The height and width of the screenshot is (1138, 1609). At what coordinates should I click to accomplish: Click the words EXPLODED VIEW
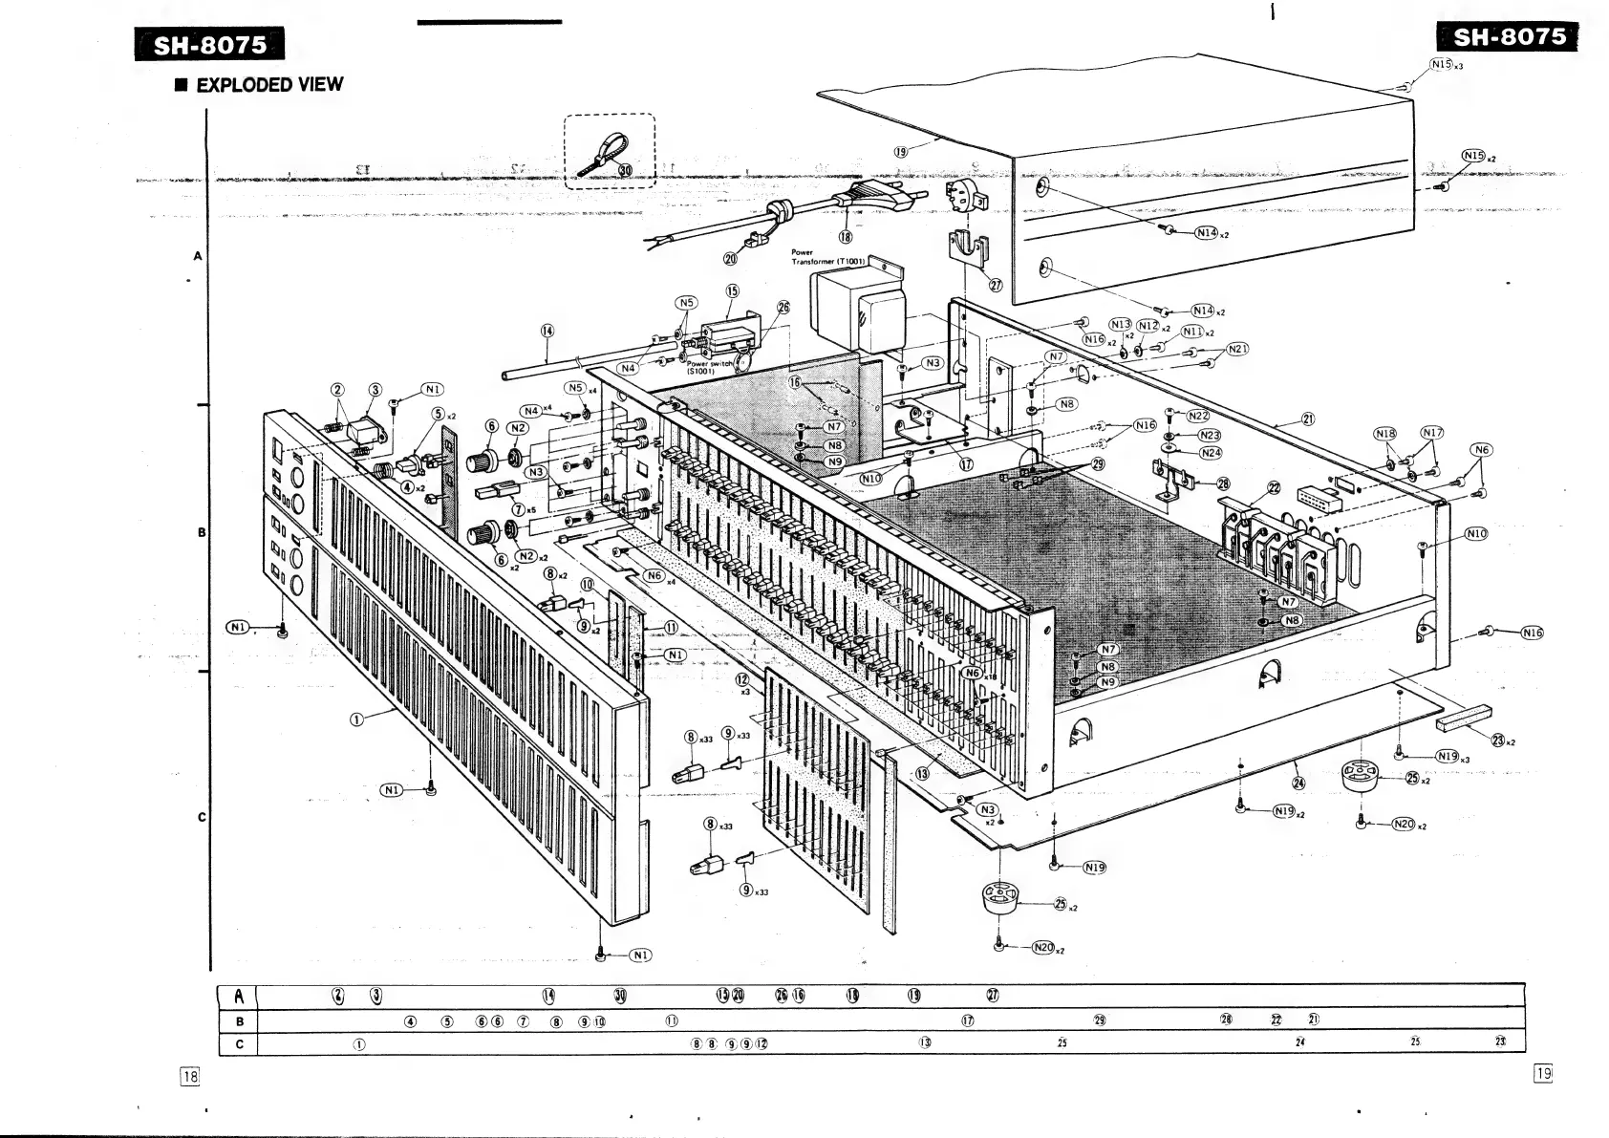tap(268, 85)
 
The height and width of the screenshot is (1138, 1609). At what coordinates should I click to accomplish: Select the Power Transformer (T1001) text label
tap(826, 257)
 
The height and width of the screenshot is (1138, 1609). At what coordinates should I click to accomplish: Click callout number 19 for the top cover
tap(901, 151)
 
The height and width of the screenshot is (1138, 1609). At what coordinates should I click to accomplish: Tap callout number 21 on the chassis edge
tap(1307, 419)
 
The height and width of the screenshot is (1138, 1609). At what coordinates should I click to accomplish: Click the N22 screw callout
tap(1198, 416)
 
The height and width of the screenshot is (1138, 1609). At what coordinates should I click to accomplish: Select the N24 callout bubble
tap(1210, 453)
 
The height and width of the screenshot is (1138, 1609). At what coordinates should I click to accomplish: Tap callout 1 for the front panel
tap(356, 719)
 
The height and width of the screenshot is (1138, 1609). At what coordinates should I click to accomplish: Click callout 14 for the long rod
tap(547, 331)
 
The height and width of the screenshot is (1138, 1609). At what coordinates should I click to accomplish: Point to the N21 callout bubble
tap(1236, 350)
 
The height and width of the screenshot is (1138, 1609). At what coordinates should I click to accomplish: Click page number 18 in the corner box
tap(190, 1076)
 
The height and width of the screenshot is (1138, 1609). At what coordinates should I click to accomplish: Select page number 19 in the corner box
tap(1542, 1073)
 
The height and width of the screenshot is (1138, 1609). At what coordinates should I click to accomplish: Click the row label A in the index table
tap(239, 997)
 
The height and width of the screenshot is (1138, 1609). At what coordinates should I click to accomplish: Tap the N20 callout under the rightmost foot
tap(1403, 824)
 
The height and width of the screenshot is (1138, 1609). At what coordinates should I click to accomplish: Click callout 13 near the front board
tap(922, 773)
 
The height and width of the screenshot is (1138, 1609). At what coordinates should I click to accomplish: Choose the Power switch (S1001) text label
tap(709, 367)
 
